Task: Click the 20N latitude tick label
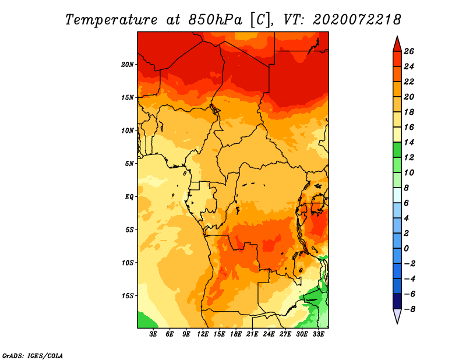(128, 65)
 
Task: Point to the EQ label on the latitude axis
(129, 197)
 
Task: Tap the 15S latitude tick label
(128, 296)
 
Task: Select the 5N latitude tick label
(129, 164)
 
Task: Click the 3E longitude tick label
(153, 334)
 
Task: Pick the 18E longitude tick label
(236, 334)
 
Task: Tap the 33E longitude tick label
(318, 334)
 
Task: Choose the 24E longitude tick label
(269, 334)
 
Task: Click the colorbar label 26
(409, 51)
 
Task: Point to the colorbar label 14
(409, 142)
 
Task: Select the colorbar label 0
(406, 249)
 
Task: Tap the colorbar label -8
(409, 309)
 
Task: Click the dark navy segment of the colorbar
(397, 301)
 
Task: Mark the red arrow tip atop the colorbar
(397, 36)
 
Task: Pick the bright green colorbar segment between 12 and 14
(397, 150)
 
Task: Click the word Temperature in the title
(111, 20)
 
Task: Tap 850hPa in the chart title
(215, 20)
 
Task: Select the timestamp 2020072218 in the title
(356, 20)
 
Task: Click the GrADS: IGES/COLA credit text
(33, 356)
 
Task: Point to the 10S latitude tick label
(128, 263)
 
